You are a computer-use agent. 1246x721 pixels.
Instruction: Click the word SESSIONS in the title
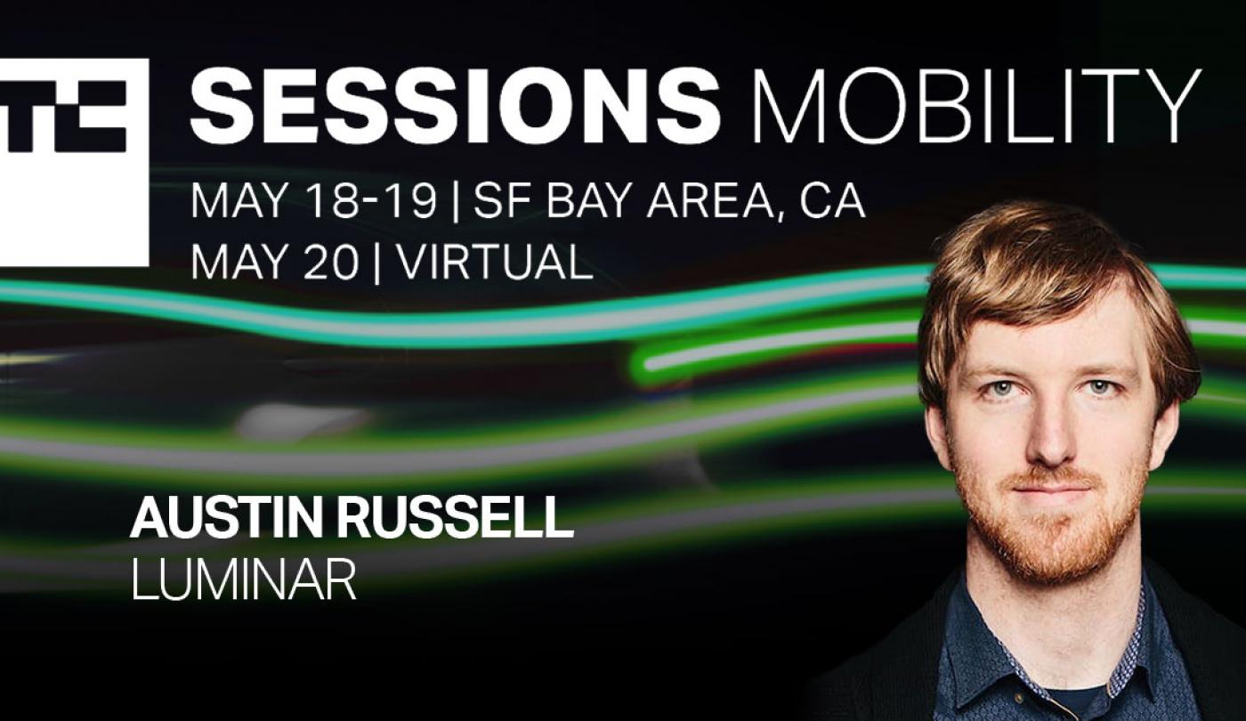tap(455, 106)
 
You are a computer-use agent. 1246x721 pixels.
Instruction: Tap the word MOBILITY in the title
tap(975, 106)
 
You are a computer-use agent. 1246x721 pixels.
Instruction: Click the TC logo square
tap(73, 162)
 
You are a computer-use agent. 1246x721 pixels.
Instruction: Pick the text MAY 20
tap(274, 262)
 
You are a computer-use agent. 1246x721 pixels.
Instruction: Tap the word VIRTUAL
tap(495, 262)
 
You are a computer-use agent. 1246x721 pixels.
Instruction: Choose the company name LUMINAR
tap(243, 579)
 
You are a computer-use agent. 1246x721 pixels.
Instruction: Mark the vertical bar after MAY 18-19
tap(456, 203)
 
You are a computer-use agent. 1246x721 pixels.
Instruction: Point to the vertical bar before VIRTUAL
tap(378, 263)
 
